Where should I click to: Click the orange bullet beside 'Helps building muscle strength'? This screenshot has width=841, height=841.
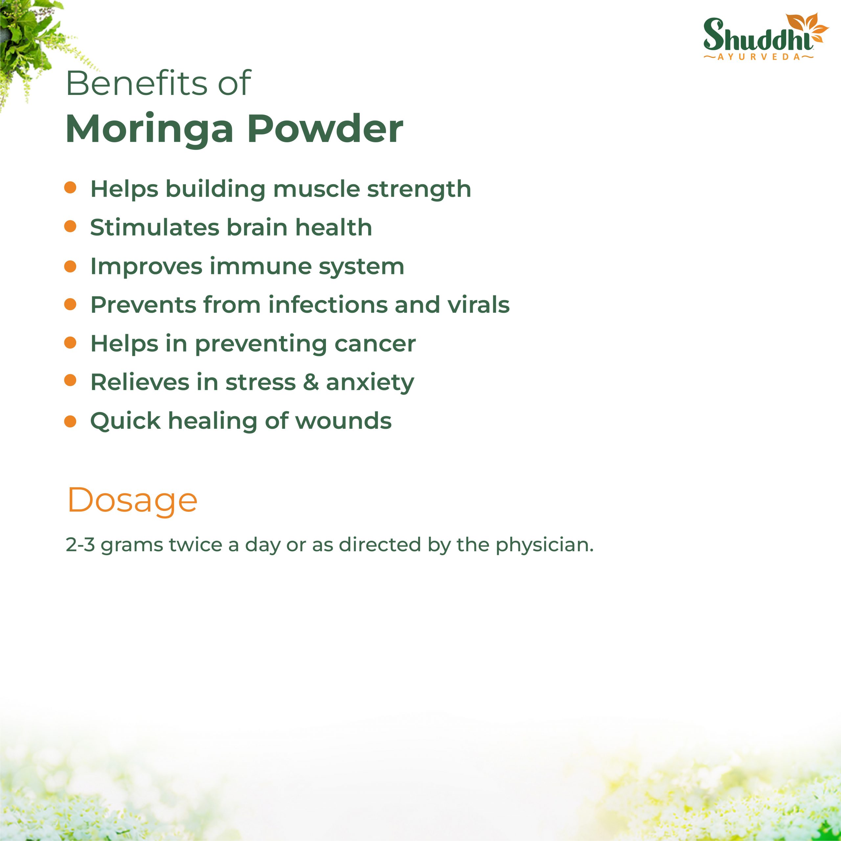coord(70,188)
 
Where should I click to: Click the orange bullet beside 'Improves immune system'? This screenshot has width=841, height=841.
coord(70,266)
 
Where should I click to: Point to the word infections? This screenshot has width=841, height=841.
coord(328,305)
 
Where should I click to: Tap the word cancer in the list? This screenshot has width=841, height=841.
coord(375,344)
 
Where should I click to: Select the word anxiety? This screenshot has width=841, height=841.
coord(370,383)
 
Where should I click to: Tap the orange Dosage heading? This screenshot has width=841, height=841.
coord(132,501)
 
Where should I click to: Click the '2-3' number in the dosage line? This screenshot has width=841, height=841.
coord(80,545)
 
